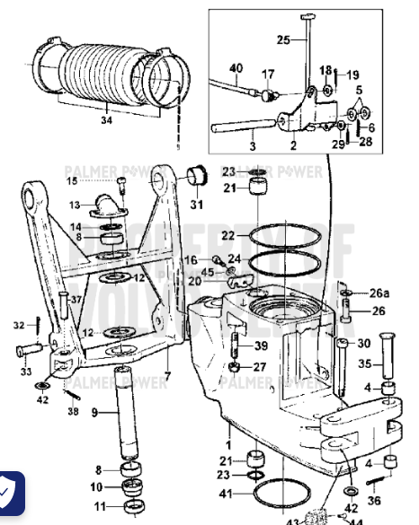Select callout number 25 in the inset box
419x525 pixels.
[282, 39]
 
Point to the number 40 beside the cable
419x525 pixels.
[236, 68]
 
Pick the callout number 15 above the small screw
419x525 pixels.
[97, 180]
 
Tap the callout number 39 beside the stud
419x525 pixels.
[261, 346]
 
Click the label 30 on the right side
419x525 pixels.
[363, 343]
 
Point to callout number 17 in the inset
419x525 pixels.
[267, 74]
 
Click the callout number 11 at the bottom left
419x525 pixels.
[101, 506]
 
